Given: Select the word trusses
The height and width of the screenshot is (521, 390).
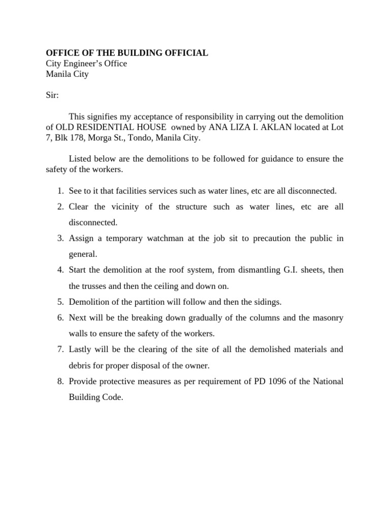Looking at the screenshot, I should coord(97,285).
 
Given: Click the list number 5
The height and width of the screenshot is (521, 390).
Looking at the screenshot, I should coord(59,302).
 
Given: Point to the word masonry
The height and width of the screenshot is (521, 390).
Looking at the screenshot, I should coord(327,317).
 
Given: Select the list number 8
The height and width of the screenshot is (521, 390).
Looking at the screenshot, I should coord(59,381).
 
